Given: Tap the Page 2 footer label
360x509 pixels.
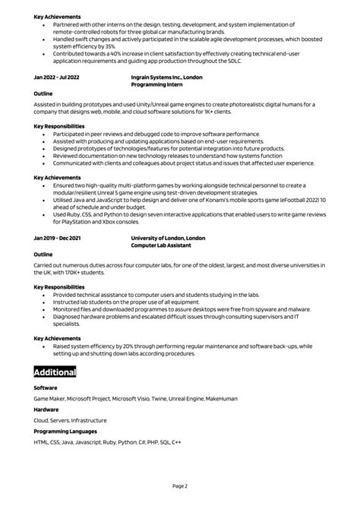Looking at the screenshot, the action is (x=180, y=485).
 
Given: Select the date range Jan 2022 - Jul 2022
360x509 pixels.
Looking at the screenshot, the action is (x=57, y=77).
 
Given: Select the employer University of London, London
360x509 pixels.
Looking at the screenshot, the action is (x=168, y=237).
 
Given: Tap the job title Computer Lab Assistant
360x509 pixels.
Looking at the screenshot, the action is (x=161, y=245).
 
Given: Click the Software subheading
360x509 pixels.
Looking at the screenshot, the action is (x=46, y=387).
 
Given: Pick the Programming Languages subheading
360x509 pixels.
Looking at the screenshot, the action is (x=66, y=431).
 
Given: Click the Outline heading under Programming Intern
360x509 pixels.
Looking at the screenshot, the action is (x=43, y=94).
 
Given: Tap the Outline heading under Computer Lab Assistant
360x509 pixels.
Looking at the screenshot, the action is (x=43, y=254).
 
